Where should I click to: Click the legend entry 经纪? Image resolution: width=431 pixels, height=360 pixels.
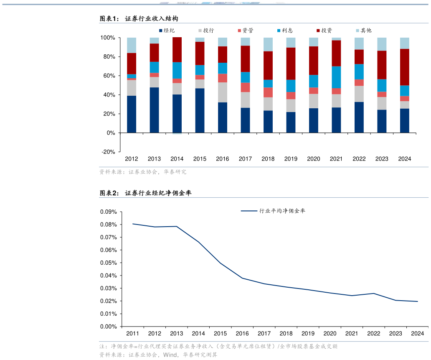(x=167, y=31)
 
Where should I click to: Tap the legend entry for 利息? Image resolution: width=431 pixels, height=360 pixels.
(x=285, y=31)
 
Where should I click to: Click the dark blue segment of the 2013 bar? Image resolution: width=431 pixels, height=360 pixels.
(x=154, y=110)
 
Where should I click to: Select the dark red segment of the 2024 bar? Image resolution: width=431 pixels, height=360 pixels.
(x=404, y=67)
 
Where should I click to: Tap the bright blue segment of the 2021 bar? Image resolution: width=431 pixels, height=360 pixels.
(x=336, y=77)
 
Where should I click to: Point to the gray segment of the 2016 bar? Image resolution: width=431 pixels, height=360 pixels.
(x=223, y=92)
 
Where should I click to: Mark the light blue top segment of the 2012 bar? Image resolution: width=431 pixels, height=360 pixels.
(x=132, y=45)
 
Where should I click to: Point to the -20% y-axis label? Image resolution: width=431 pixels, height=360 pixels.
(x=108, y=152)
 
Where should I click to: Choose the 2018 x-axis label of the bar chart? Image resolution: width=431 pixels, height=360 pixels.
(x=268, y=159)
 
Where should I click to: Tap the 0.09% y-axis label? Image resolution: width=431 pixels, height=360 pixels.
(x=108, y=212)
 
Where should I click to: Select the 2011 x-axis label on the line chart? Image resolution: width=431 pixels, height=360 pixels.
(x=132, y=334)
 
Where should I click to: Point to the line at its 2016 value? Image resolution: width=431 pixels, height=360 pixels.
(x=242, y=278)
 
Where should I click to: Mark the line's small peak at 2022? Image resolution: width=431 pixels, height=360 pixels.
(x=374, y=294)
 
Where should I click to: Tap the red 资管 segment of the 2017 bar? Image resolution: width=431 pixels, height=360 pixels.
(x=245, y=87)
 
